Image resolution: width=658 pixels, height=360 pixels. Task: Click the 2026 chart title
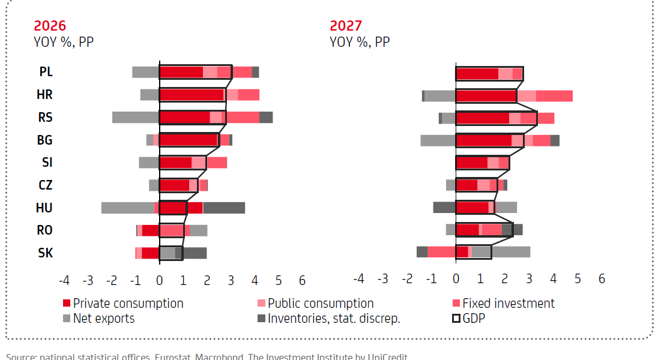50,26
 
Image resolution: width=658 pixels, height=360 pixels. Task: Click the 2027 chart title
346,26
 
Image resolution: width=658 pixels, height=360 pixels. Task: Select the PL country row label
46,71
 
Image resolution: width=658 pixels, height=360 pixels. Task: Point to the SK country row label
46,253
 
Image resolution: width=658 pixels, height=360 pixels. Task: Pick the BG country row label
46,140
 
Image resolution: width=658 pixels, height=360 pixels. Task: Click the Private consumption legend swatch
67,304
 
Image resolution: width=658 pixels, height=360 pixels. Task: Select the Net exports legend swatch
67,319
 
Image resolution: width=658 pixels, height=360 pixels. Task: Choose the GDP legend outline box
456,319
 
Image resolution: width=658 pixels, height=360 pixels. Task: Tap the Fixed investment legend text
508,304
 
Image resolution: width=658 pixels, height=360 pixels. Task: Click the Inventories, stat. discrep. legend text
334,319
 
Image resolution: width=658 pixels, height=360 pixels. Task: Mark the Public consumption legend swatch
261,304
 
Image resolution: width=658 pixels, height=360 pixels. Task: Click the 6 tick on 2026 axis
302,280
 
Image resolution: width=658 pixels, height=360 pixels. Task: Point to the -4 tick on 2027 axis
358,279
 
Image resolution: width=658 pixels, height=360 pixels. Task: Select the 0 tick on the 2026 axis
159,280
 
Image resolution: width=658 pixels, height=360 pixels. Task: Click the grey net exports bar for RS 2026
135,117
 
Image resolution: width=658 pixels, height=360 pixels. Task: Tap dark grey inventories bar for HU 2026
224,208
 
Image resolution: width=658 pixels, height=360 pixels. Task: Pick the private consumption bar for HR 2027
486,96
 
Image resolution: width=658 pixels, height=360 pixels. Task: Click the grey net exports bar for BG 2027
438,140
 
